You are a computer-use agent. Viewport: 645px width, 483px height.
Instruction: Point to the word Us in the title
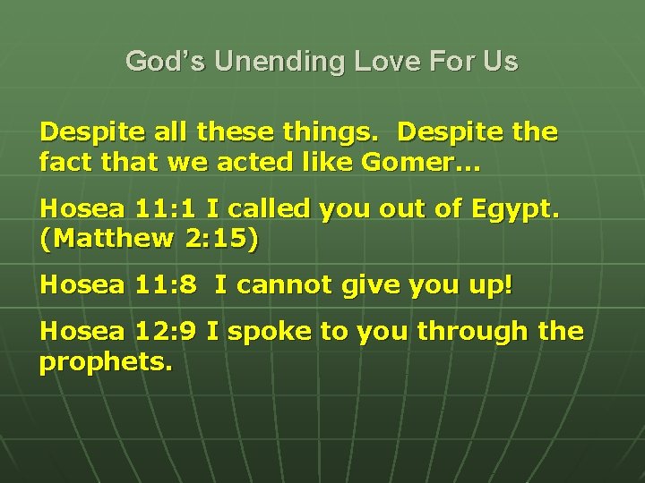coord(499,62)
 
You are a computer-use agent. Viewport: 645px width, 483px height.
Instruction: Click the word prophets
coord(106,363)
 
